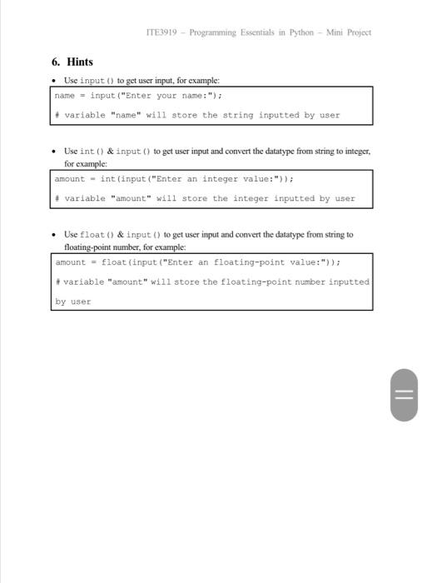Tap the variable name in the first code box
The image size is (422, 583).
pos(65,96)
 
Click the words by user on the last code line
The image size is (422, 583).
pos(73,301)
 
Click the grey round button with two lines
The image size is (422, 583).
pos(403,395)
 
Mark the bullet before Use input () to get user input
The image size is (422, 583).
pos(54,80)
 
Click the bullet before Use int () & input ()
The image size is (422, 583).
pos(54,152)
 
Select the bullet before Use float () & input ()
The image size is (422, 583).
pos(54,235)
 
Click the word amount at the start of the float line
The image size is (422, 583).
pos(71,262)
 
